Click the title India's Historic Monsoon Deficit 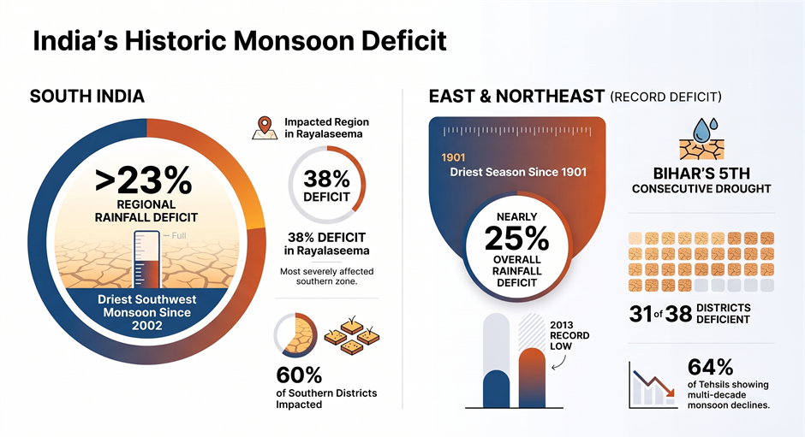[x=240, y=41]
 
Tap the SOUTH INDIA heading [x=87, y=97]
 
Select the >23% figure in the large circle [x=144, y=180]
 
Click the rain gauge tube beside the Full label [x=146, y=259]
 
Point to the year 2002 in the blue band [x=146, y=325]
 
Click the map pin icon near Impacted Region [x=265, y=127]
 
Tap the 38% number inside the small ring [x=326, y=179]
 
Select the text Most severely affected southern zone [x=326, y=276]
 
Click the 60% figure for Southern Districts [x=299, y=375]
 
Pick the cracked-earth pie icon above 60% [x=295, y=335]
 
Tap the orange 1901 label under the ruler [x=453, y=157]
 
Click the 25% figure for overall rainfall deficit [x=516, y=239]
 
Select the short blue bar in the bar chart [x=496, y=389]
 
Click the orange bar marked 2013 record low [x=532, y=377]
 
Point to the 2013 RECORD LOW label [x=569, y=335]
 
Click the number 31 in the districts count [x=641, y=314]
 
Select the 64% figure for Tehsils [x=711, y=367]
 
